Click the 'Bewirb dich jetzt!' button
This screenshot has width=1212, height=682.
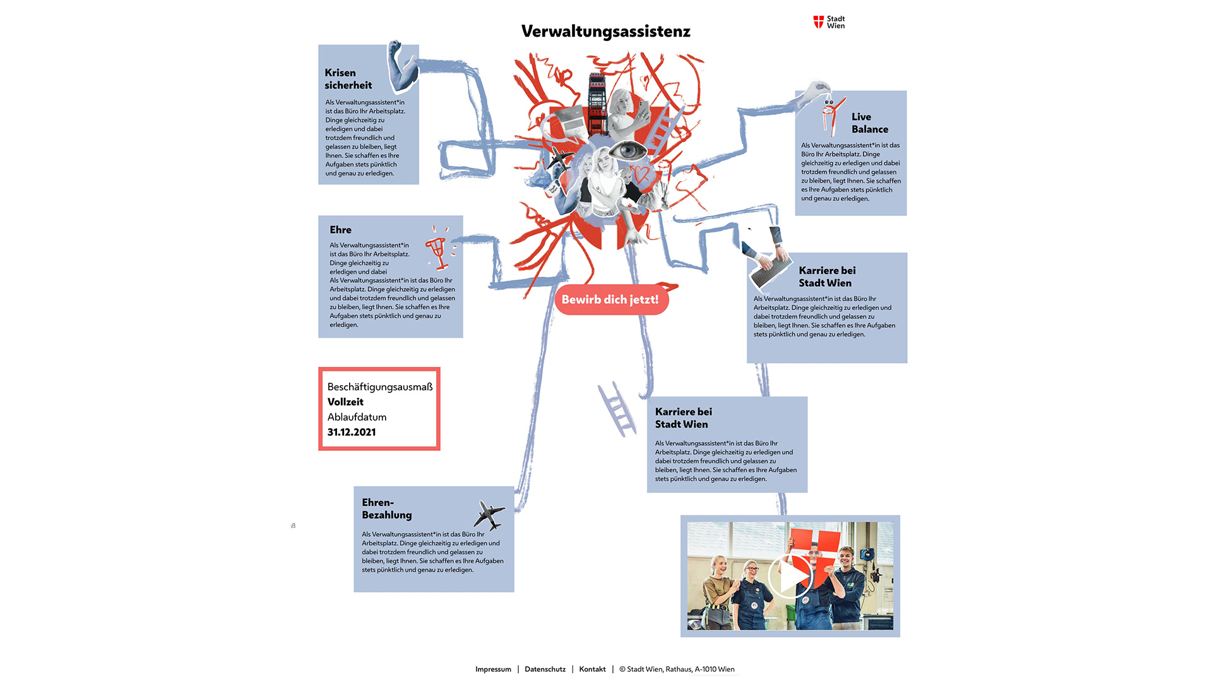point(610,299)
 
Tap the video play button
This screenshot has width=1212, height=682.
point(790,576)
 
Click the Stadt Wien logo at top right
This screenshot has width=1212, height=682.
point(829,22)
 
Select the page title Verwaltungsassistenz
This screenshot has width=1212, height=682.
point(605,32)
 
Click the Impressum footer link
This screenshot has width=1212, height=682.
point(493,669)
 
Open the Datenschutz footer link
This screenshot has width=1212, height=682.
point(545,669)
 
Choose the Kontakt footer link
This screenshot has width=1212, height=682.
point(592,669)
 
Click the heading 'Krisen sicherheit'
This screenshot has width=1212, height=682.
point(348,79)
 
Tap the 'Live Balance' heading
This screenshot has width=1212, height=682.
point(869,123)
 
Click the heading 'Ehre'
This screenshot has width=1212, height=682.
point(340,230)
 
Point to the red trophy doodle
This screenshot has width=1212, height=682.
point(437,251)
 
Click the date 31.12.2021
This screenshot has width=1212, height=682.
point(352,432)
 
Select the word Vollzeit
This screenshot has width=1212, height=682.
point(345,402)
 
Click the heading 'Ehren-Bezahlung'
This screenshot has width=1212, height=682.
point(386,508)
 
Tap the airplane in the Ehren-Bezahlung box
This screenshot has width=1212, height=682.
point(489,515)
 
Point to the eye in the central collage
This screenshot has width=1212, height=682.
point(628,151)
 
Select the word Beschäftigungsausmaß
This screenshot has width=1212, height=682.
point(379,386)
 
